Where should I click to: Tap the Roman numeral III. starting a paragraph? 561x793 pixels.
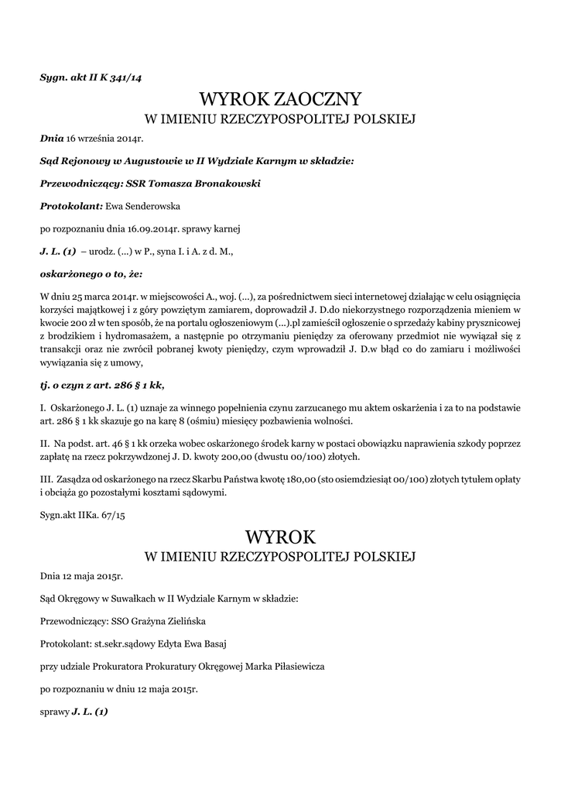click(x=47, y=479)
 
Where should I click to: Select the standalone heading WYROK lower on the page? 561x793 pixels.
click(x=280, y=536)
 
